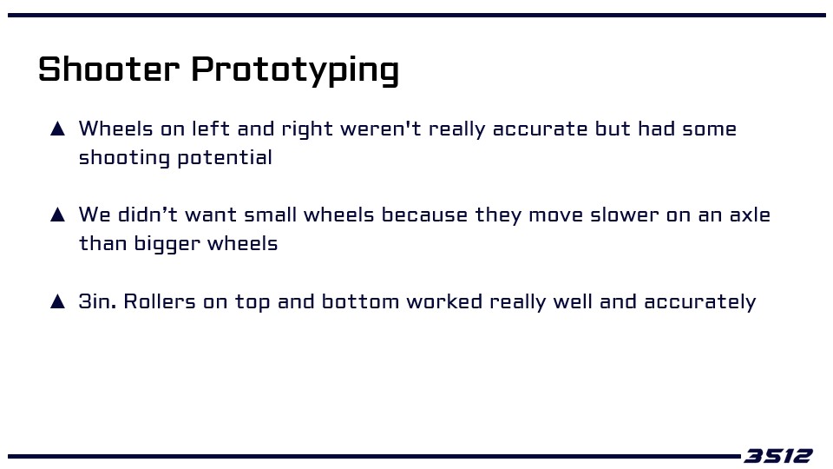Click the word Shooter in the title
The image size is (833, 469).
pos(109,69)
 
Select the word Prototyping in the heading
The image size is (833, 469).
pos(295,70)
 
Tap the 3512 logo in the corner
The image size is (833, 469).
pos(777,456)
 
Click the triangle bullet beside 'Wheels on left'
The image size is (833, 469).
pos(57,129)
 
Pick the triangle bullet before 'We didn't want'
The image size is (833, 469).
pos(57,215)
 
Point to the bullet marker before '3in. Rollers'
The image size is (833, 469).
pos(57,301)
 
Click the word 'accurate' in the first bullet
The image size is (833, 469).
pos(541,129)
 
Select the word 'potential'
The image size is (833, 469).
pos(224,157)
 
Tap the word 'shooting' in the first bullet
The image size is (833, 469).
pos(124,158)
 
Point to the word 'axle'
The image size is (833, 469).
pos(750,215)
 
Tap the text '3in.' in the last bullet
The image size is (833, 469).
pos(97,301)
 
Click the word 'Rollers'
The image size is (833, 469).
pos(160,301)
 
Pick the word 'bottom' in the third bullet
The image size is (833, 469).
pos(360,301)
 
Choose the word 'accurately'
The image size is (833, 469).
pos(699,302)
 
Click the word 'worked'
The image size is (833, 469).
pos(444,301)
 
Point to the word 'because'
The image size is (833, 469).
pos(424,215)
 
